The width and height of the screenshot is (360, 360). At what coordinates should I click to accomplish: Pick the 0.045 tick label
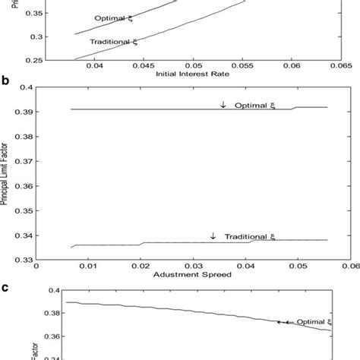[142, 66]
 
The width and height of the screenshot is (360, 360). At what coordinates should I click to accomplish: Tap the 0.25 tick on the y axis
[32, 58]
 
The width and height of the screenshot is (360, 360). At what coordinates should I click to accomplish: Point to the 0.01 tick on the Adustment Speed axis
[89, 267]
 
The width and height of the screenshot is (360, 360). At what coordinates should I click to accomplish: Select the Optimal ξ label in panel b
[251, 104]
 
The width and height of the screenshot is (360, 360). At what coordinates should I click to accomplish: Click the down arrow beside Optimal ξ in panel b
[223, 104]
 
